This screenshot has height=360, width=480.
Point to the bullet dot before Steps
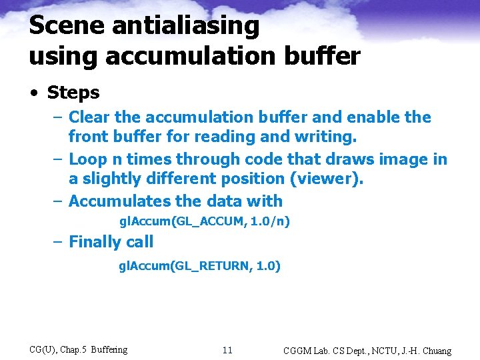click(x=34, y=93)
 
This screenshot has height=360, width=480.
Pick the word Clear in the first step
click(x=89, y=117)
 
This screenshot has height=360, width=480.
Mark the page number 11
click(x=227, y=350)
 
